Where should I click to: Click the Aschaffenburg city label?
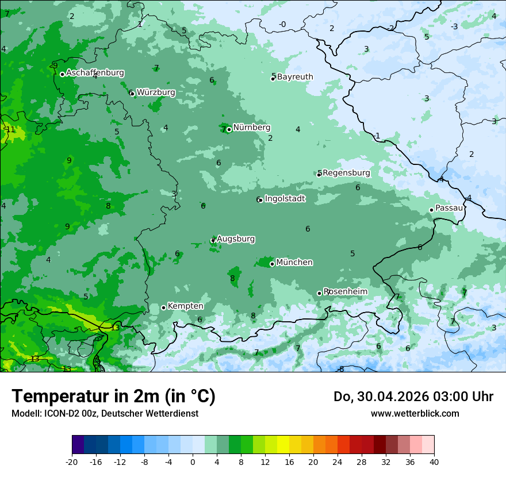click(95, 73)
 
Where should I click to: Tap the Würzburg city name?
click(156, 92)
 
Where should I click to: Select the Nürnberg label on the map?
click(251, 128)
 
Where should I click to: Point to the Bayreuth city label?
click(295, 77)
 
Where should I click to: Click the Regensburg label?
click(346, 173)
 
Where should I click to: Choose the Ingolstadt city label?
click(285, 199)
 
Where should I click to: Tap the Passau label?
click(449, 208)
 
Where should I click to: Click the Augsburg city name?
click(236, 239)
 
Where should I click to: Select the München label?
click(294, 263)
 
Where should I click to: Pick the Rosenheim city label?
click(346, 292)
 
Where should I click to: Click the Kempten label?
click(185, 306)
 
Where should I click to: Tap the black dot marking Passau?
click(431, 210)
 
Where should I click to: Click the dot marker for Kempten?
click(163, 307)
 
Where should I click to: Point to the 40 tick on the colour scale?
click(434, 461)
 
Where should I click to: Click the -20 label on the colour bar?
click(72, 461)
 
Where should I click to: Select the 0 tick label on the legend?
click(193, 461)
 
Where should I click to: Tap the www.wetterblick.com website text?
click(415, 413)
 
